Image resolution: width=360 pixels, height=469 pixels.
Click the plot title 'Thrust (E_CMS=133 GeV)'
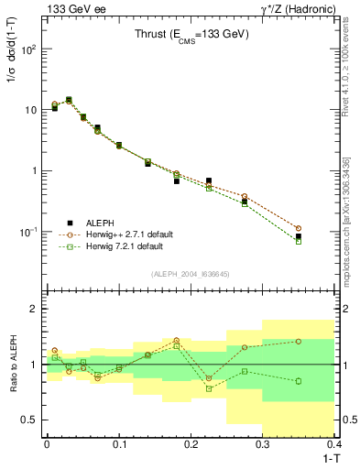191,37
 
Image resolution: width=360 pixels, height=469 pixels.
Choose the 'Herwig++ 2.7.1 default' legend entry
125,234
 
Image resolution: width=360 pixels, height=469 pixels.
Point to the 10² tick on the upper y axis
29,49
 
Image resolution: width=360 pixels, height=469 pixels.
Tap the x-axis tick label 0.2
191,444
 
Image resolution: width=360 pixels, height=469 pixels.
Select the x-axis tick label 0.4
334,444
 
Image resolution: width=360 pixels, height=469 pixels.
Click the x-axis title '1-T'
331,457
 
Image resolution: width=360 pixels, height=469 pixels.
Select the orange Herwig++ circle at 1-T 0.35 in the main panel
324,228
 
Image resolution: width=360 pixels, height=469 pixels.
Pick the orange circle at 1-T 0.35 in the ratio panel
324,341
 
